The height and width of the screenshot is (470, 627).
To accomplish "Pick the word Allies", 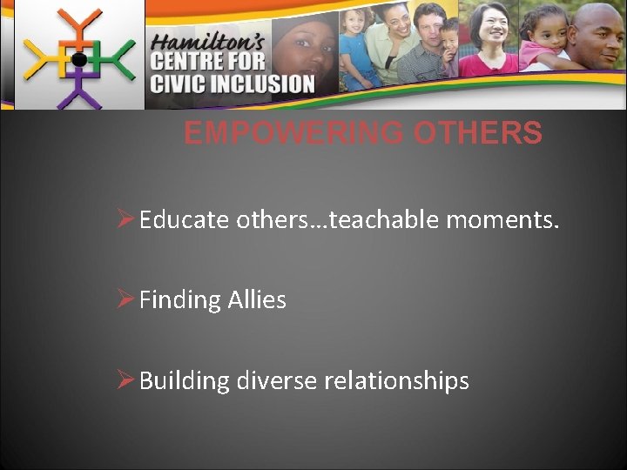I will [257, 300].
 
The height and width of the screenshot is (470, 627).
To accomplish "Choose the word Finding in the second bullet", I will [180, 300].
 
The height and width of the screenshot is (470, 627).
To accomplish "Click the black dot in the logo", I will [78, 60].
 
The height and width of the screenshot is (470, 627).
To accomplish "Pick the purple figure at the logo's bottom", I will [78, 91].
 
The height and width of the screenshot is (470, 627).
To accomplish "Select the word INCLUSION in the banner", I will [262, 84].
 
